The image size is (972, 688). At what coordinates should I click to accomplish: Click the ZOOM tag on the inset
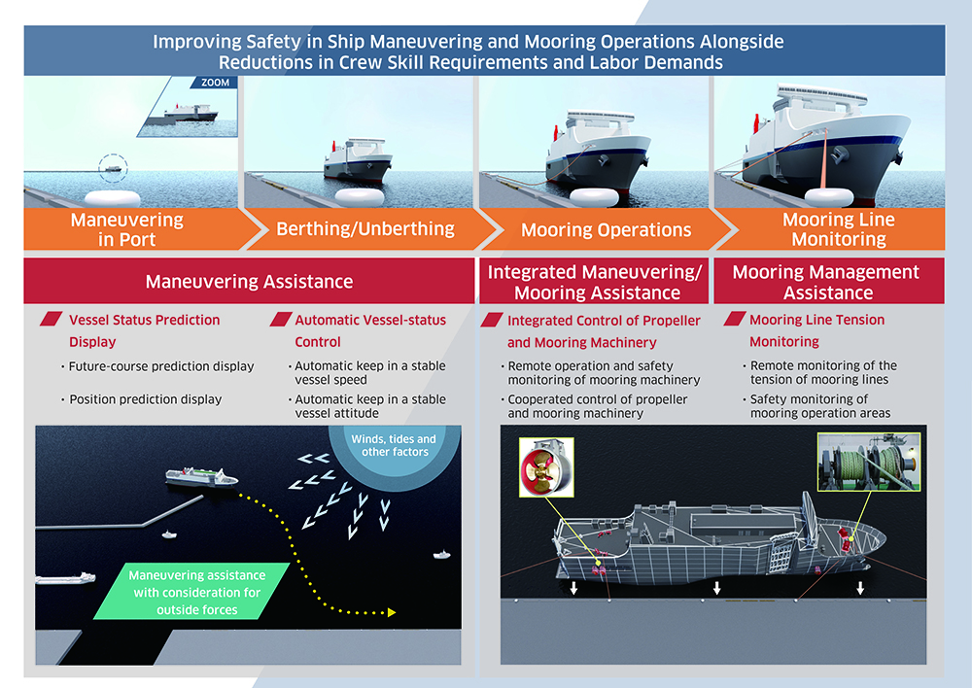[215, 83]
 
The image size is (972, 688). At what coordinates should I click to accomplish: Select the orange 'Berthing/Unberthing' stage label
[365, 229]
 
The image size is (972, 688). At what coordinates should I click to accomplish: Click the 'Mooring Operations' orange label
[606, 230]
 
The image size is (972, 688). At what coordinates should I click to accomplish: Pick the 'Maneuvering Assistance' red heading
[249, 282]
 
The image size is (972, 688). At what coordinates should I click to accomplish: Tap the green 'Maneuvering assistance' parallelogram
[192, 591]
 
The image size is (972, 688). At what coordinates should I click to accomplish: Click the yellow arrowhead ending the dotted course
[392, 612]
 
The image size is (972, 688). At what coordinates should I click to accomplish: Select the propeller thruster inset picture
[546, 467]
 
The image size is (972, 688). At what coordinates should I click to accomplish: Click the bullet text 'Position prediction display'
[146, 399]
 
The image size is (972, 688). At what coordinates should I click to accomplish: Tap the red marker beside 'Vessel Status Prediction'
[51, 319]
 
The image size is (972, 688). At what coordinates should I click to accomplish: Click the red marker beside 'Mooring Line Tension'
[735, 319]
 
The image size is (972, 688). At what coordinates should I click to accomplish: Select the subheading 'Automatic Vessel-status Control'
[370, 331]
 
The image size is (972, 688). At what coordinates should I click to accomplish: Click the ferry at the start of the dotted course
[201, 477]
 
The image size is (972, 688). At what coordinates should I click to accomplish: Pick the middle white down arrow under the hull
[717, 588]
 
